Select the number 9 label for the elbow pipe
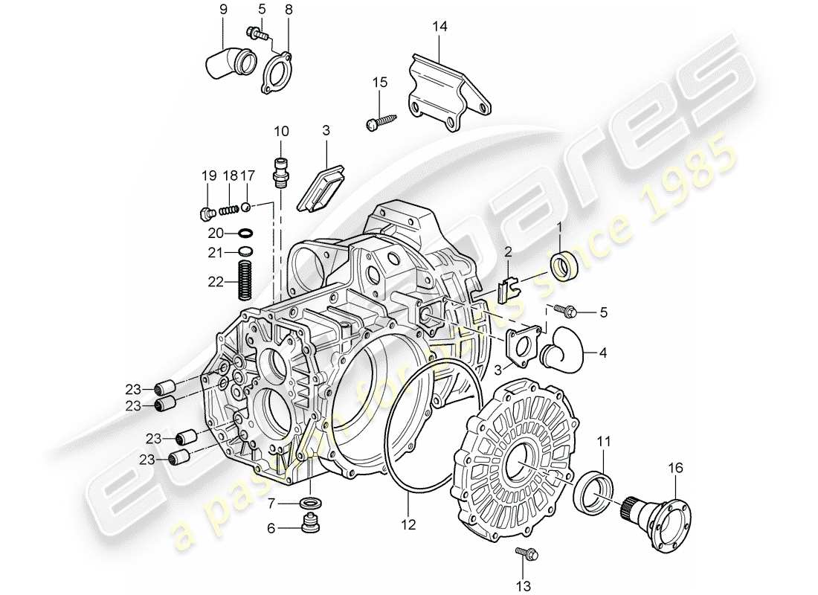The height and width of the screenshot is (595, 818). pos(222,10)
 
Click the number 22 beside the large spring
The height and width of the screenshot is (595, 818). pos(215,282)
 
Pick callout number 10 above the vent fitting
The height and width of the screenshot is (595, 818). pos(280,132)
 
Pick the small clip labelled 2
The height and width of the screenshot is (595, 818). pos(508,287)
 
